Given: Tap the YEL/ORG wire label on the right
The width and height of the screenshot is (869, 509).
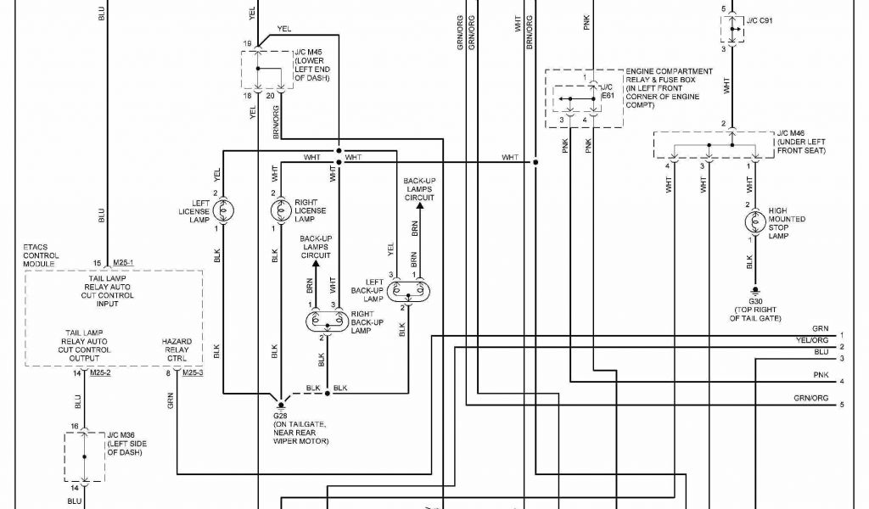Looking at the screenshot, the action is (812, 340).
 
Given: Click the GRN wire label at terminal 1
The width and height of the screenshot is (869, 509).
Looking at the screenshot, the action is (820, 328).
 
